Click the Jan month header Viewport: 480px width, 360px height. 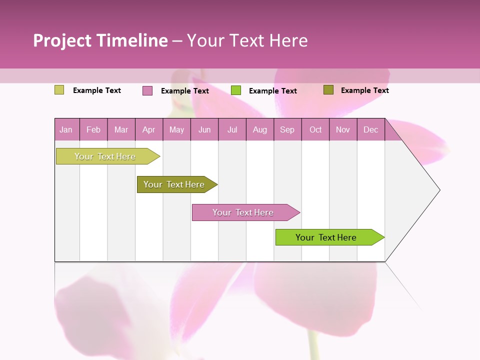coord(66,129)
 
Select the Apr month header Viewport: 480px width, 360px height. coord(148,129)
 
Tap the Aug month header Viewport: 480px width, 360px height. coord(259,129)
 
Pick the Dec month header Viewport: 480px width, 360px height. coord(370,129)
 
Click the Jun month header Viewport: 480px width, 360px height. coord(204,129)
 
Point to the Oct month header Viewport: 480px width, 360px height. coord(315,129)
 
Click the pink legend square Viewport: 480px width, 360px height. coord(147,90)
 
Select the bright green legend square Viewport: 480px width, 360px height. coord(236,90)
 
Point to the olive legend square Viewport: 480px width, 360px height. coord(328,90)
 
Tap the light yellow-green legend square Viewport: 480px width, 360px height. coord(59,90)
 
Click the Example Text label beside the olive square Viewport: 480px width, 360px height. coord(364,90)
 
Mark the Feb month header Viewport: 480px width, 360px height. coord(93,129)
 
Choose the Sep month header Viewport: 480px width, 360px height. coord(287,129)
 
